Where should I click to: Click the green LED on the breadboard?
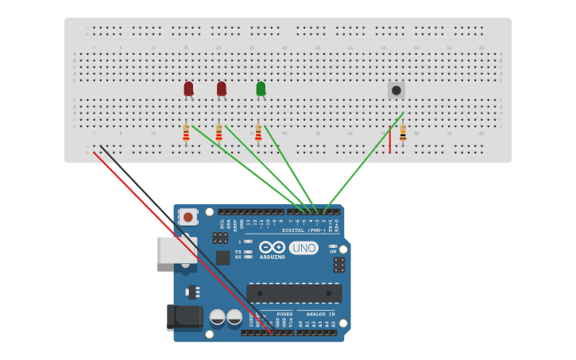(261, 88)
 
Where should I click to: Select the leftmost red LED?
(188, 88)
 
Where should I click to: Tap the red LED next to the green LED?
(221, 88)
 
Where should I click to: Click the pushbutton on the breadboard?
(396, 90)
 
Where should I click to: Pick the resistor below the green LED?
(257, 133)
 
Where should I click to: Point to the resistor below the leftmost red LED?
(186, 133)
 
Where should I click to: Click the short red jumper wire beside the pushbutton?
(389, 138)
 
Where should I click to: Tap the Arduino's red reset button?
(187, 216)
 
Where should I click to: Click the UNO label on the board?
(303, 248)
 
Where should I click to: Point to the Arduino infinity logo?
(271, 247)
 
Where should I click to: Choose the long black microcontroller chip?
(294, 292)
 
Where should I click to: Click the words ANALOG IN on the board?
(321, 314)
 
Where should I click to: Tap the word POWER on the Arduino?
(284, 314)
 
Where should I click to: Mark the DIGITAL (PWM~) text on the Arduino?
(311, 230)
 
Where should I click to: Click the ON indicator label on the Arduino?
(333, 251)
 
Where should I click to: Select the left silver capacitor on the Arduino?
(217, 317)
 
